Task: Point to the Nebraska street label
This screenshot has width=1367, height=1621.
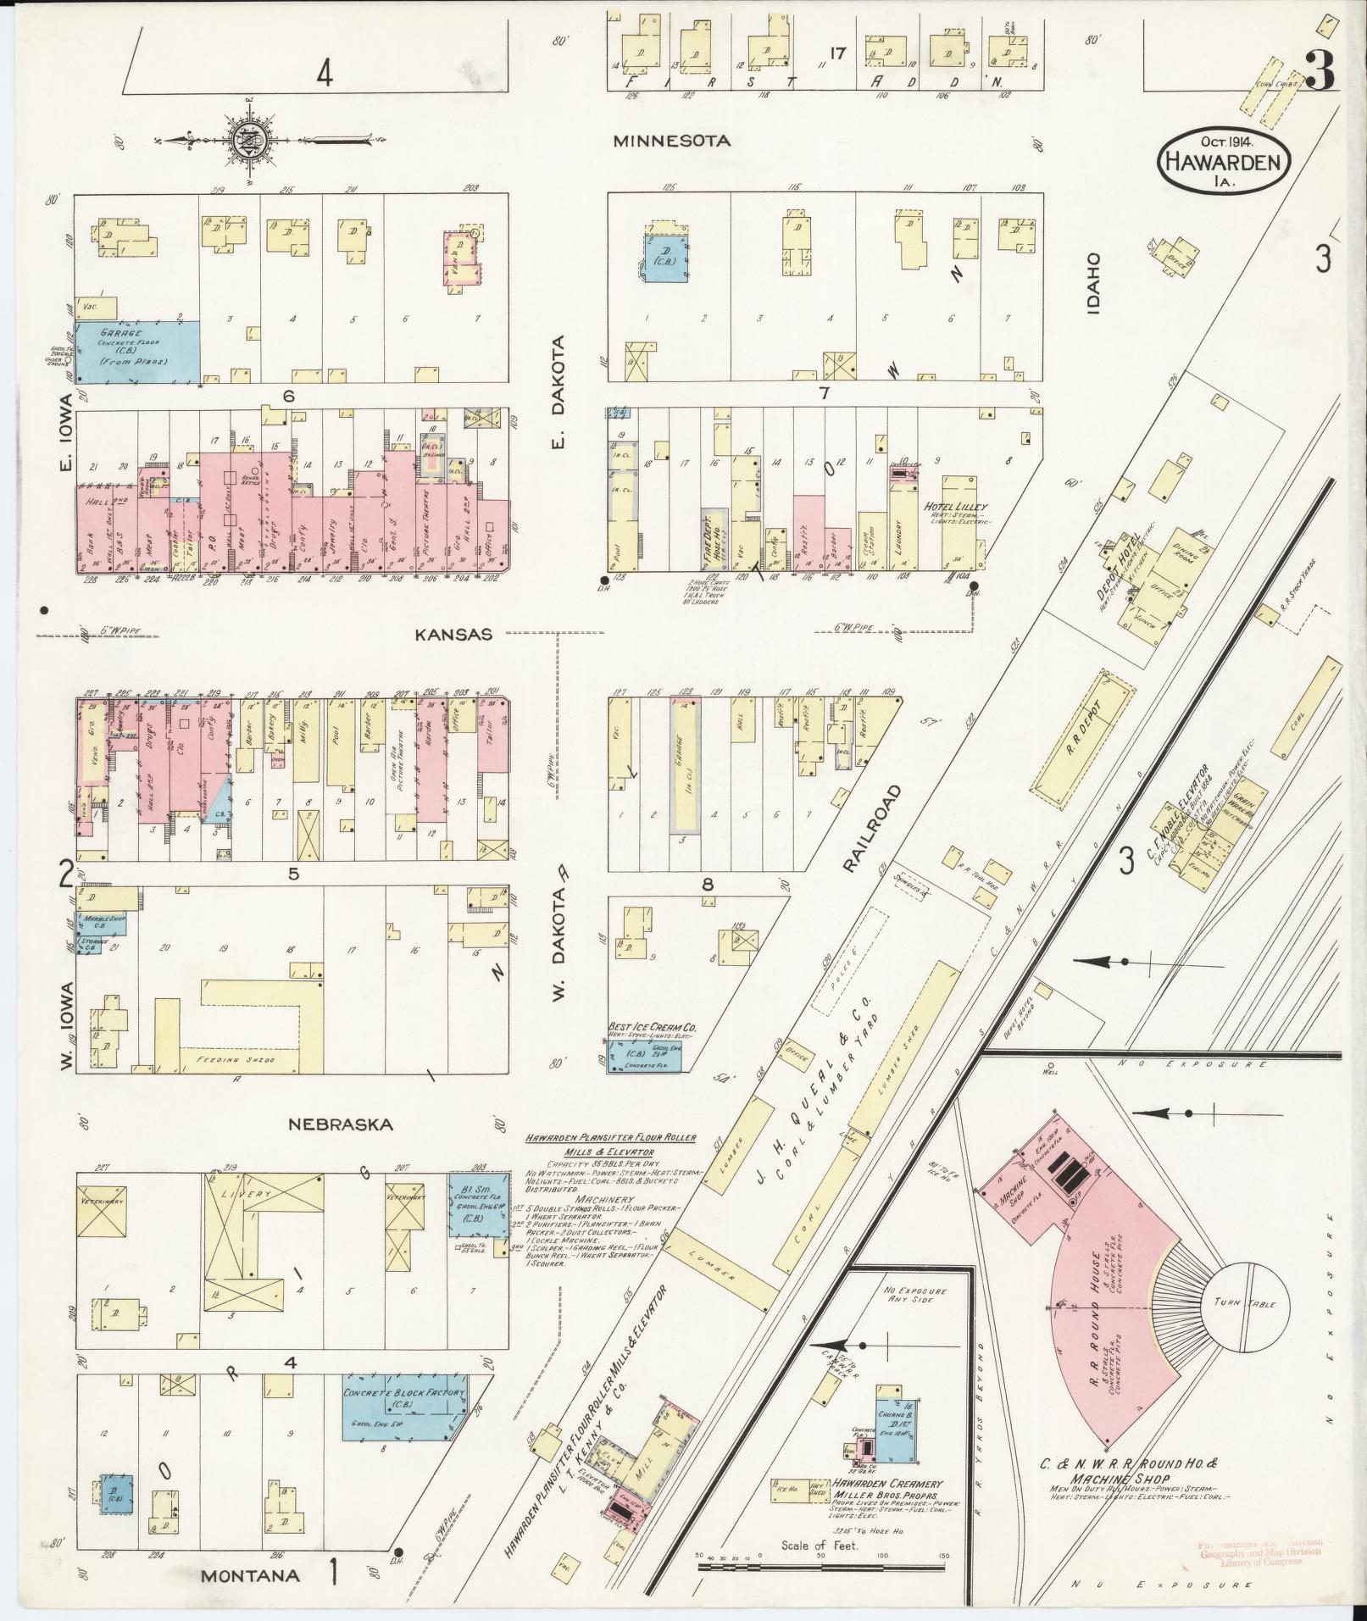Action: [341, 1124]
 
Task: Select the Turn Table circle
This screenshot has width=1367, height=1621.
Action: [1248, 1328]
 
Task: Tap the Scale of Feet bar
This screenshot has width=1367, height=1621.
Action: [821, 1568]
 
